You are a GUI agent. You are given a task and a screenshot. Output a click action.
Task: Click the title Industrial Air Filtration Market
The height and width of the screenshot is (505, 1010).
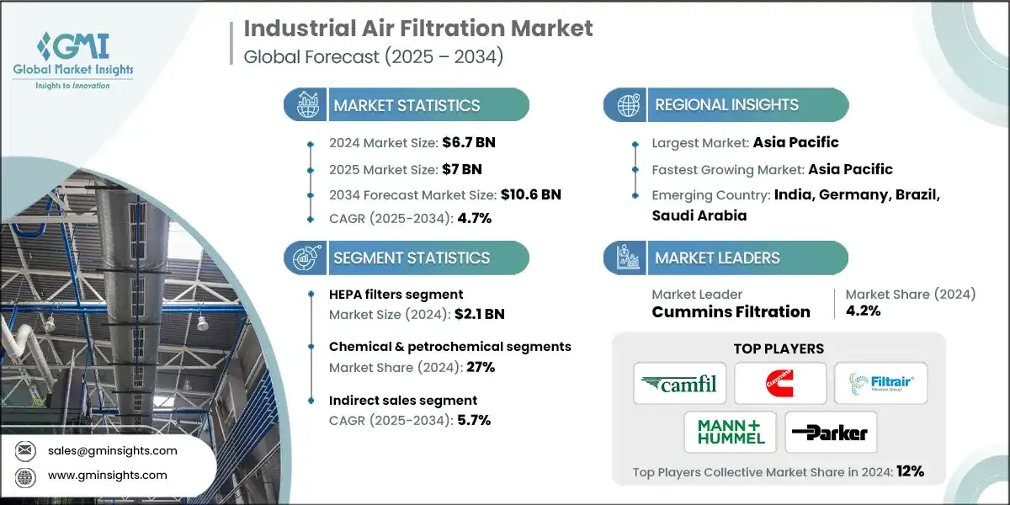coord(418,28)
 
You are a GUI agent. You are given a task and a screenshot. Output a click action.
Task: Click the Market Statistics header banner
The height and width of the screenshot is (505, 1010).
coord(407,105)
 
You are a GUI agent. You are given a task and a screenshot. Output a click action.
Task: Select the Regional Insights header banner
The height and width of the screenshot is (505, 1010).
coord(726,105)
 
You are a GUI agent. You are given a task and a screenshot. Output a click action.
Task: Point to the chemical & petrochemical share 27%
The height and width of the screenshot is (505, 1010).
coord(476,367)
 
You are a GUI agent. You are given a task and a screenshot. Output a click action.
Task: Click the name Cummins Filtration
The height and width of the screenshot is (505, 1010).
coord(731,312)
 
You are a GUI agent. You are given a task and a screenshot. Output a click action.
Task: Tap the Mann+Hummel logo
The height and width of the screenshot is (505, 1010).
coord(730,432)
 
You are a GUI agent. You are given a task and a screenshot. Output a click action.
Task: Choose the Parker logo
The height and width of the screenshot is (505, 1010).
coord(831,432)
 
